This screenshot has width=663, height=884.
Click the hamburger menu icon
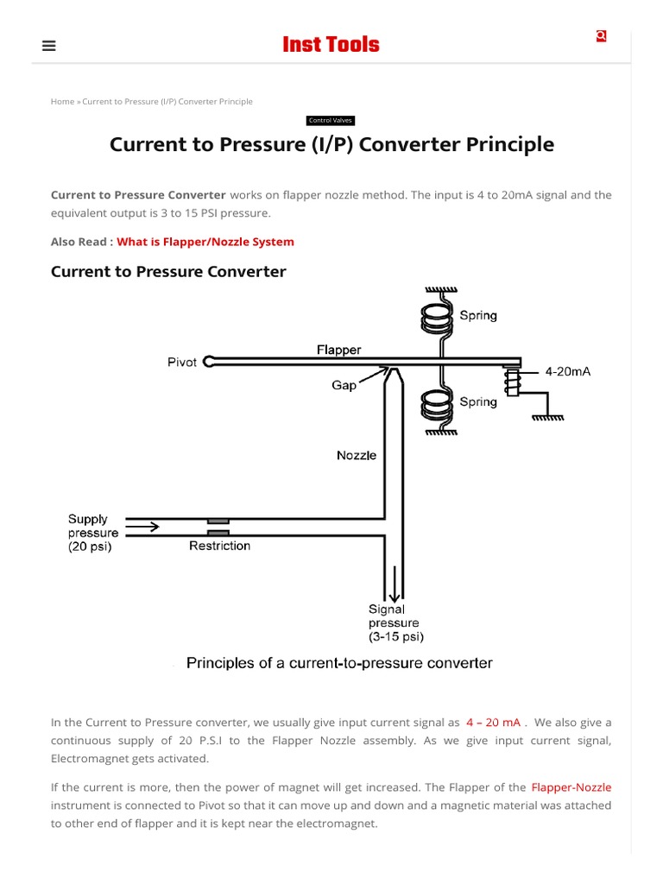[49, 46]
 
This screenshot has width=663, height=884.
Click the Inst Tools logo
[331, 45]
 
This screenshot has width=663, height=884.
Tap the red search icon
[601, 36]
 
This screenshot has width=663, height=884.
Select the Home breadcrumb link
[62, 102]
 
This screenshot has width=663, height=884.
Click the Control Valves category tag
[331, 121]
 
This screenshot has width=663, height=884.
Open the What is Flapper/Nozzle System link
[205, 242]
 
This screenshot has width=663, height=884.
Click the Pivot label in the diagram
[181, 363]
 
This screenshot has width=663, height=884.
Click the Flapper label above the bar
[338, 350]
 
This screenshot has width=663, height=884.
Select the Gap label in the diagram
[344, 385]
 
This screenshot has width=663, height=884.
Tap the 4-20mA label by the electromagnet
[567, 372]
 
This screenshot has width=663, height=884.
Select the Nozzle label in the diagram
[357, 455]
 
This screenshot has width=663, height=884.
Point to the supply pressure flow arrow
[143, 526]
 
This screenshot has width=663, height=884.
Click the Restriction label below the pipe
[219, 546]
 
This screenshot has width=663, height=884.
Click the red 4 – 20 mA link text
[493, 723]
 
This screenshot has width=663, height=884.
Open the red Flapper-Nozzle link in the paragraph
[571, 787]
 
